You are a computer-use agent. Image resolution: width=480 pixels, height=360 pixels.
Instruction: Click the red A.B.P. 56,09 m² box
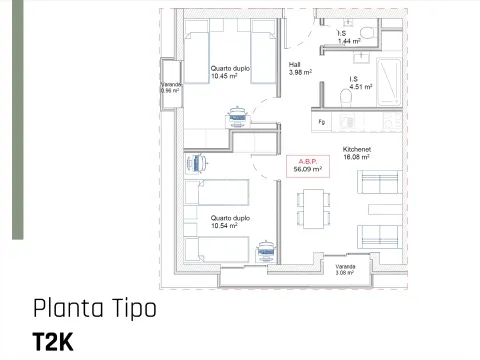tap(308, 166)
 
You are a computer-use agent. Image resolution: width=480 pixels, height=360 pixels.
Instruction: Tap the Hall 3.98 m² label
tap(300, 68)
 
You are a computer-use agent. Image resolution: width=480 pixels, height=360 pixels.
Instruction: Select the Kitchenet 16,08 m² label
tap(357, 153)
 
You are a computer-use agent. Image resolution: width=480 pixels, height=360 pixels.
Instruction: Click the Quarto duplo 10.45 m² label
tap(230, 72)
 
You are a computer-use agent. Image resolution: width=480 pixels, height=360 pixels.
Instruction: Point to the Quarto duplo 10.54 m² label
tap(230, 222)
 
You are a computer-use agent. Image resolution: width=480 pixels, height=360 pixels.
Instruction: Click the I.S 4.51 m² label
tap(361, 83)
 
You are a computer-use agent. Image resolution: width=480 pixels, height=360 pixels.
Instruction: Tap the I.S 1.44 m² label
tap(349, 37)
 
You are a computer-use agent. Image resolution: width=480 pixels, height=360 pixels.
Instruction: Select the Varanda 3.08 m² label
tap(345, 270)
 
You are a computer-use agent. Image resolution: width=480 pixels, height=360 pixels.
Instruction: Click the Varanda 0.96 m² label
tap(171, 88)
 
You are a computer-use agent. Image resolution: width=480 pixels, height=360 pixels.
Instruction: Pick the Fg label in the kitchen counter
tap(321, 122)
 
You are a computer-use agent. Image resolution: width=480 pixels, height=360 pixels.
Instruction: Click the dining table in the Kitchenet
tap(313, 209)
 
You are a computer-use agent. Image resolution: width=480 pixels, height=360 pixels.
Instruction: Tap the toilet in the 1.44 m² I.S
tap(367, 33)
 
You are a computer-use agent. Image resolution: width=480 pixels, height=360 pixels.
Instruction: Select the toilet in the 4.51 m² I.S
tap(346, 97)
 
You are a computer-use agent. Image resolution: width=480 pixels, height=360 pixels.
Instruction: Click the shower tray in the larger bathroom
tap(389, 82)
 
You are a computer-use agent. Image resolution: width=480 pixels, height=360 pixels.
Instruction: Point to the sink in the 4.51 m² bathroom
tap(360, 58)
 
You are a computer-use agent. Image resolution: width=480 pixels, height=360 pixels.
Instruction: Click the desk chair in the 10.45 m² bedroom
tap(237, 117)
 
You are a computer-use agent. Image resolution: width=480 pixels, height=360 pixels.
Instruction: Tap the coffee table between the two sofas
tap(385, 209)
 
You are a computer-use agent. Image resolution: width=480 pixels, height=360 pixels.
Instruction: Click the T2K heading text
tap(53, 342)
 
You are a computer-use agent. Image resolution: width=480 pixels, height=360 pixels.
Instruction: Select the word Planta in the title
tap(68, 309)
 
